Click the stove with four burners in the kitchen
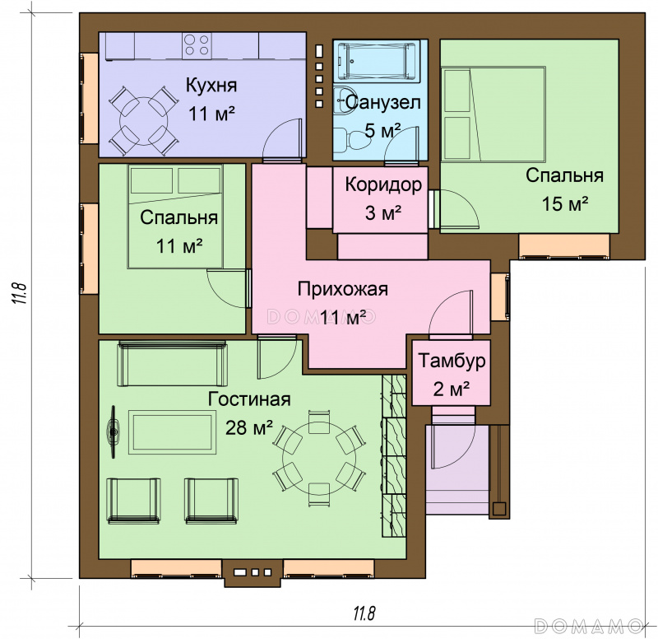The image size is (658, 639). (197, 45)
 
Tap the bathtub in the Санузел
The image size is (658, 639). (377, 60)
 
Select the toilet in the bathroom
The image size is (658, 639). (354, 141)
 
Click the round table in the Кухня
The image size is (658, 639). (143, 121)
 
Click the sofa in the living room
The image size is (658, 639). (173, 363)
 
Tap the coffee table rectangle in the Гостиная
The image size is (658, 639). (172, 432)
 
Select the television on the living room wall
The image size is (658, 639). (113, 431)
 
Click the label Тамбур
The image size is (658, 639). (452, 361)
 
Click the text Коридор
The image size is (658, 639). (383, 184)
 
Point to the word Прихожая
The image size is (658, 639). (342, 289)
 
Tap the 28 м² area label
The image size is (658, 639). (249, 427)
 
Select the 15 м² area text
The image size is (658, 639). (564, 203)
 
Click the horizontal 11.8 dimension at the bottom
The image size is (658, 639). (364, 613)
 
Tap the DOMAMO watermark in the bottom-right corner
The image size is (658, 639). (588, 626)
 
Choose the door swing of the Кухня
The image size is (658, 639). (282, 139)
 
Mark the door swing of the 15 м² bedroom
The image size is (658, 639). (459, 209)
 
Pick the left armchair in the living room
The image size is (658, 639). (134, 501)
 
